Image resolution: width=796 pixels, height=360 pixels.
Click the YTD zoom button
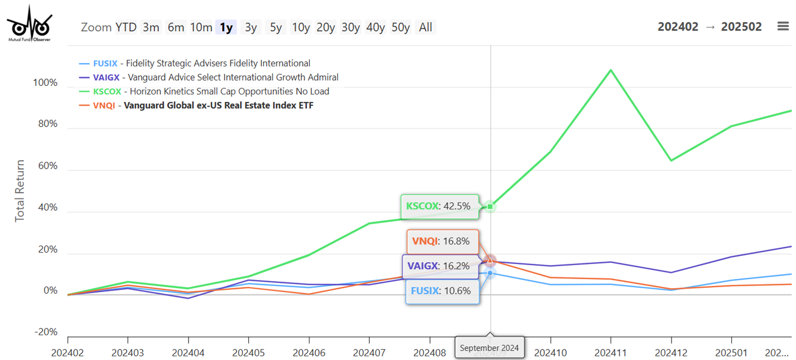tap(126, 27)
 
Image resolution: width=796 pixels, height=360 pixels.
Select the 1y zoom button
tap(226, 27)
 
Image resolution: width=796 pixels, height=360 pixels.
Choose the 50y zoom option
tap(400, 27)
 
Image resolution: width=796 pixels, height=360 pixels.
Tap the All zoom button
tap(426, 27)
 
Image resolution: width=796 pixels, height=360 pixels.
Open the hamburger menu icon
tap(783, 26)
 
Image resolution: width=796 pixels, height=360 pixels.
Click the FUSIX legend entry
tap(194, 63)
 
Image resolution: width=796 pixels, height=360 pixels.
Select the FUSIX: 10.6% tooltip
tap(442, 290)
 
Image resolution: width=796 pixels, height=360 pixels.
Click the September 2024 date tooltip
tap(489, 348)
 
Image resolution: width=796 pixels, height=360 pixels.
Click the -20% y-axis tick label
tap(45, 332)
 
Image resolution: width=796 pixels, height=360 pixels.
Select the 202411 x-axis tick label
tap(611, 352)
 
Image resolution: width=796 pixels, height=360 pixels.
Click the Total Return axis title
tap(20, 190)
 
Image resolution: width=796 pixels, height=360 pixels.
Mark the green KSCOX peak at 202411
tap(611, 70)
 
